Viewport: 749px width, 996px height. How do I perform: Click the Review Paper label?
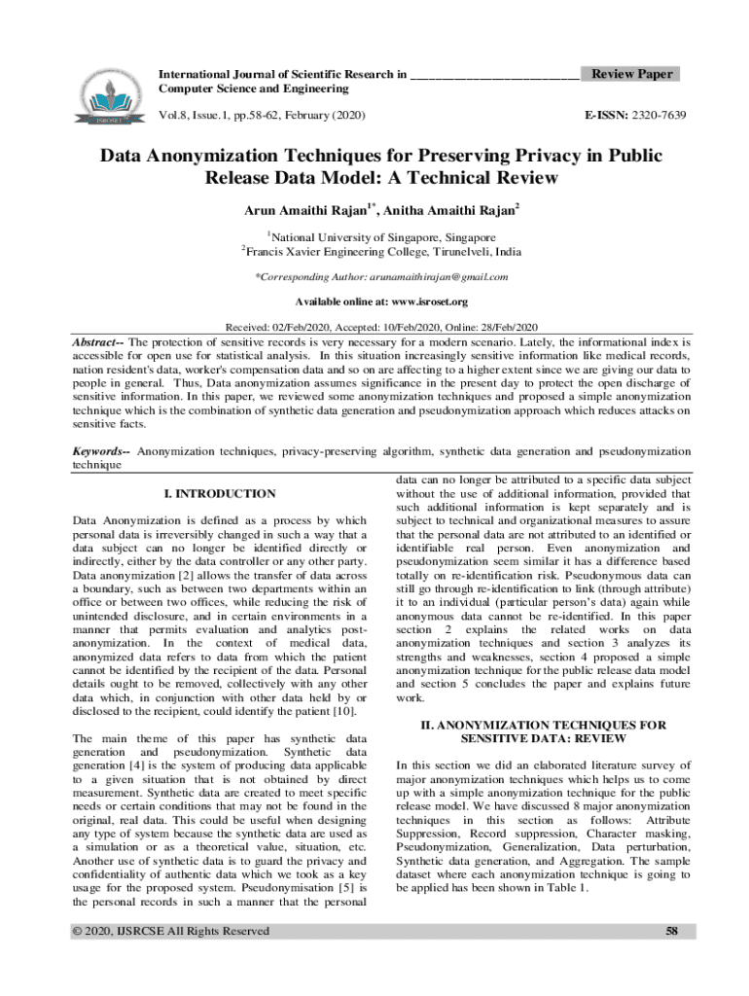coord(631,74)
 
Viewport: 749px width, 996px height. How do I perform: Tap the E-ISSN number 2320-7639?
coord(656,116)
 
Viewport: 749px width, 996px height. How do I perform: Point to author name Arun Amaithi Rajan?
coord(304,209)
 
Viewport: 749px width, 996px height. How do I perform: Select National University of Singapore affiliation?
coord(382,236)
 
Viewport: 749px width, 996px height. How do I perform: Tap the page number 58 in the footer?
coord(670,931)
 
